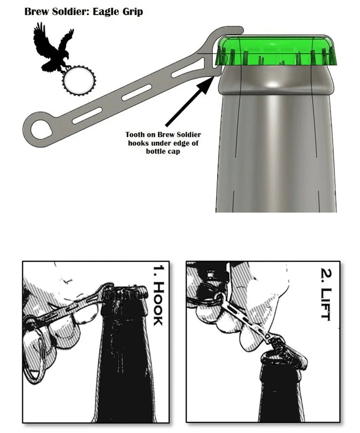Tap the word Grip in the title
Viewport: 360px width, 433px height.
(133, 12)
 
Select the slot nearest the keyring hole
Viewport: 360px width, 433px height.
(87, 116)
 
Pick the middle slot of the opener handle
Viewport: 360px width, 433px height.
(137, 93)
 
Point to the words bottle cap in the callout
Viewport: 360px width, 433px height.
(163, 151)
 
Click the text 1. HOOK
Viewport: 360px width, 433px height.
(159, 295)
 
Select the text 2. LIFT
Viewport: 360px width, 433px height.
(326, 295)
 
